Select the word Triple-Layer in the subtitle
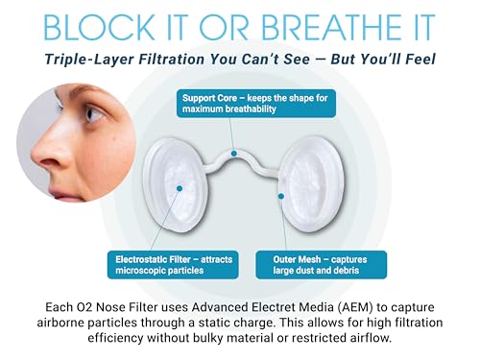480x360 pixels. pyautogui.click(x=97, y=60)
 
